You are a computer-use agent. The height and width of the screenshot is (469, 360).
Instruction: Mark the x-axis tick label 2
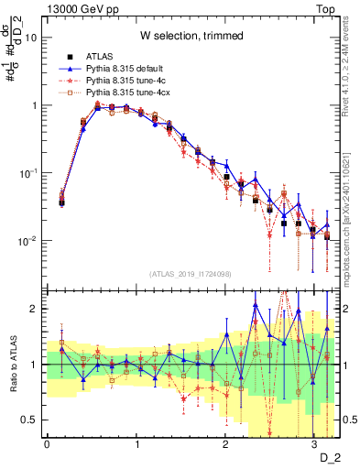(225, 444)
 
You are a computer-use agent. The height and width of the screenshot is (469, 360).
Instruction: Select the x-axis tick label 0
(47, 444)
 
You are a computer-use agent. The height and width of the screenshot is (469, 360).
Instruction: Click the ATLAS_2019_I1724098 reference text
(190, 274)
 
